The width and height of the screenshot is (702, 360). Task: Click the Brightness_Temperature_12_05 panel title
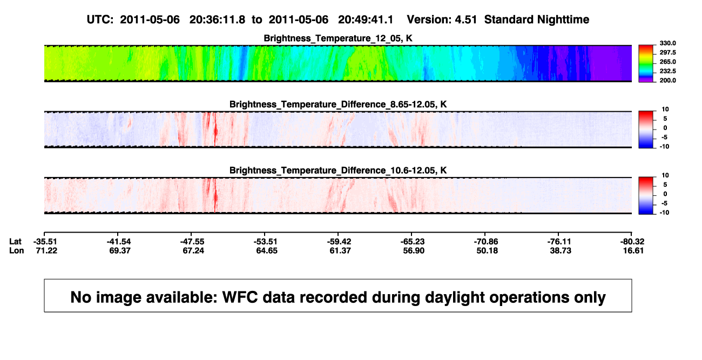point(338,38)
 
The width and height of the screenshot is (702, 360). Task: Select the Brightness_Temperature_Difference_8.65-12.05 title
point(338,104)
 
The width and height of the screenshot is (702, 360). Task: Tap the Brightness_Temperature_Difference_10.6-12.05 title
point(338,171)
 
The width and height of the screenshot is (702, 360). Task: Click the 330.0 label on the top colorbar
point(667,43)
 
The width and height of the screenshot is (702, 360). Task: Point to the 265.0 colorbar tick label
point(667,62)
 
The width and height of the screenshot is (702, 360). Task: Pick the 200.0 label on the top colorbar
point(667,80)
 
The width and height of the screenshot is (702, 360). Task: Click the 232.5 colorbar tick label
point(667,71)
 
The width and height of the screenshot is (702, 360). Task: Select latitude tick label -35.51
point(45,242)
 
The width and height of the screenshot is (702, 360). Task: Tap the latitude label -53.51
point(266,242)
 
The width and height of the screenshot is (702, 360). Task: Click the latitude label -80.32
point(632,242)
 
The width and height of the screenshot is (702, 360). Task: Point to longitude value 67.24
point(193,250)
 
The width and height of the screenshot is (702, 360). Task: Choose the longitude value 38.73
point(561,250)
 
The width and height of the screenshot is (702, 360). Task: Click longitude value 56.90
point(414,250)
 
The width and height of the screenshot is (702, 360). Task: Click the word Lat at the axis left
point(15,242)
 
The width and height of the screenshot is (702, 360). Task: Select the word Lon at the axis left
point(17,250)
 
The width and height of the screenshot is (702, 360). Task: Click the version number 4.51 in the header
point(465,20)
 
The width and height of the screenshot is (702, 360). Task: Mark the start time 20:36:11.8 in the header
point(217,20)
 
